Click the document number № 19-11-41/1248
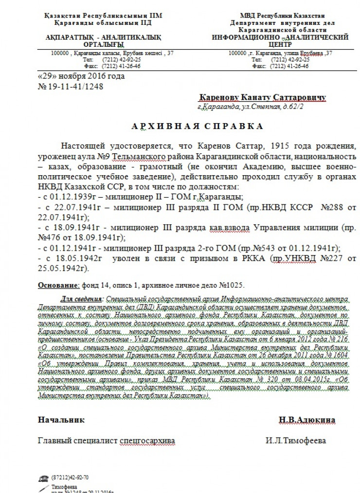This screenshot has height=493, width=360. tap(71, 87)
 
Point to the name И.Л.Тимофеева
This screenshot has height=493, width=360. tap(296, 441)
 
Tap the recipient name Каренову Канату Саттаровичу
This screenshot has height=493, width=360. tap(262, 97)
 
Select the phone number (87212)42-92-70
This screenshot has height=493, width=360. tap(70, 477)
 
